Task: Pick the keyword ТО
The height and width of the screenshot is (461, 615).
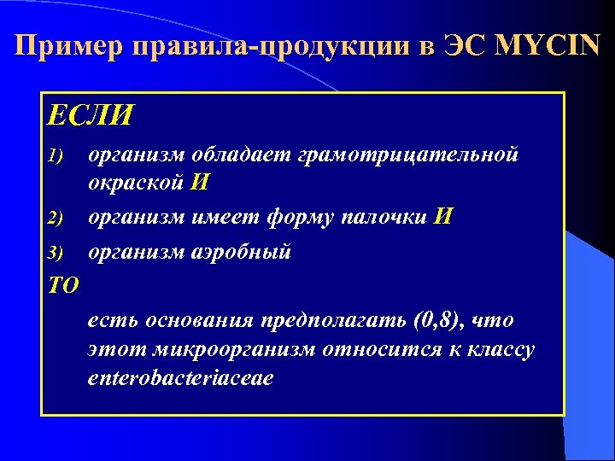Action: click(63, 285)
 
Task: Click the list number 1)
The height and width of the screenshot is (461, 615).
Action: click(56, 156)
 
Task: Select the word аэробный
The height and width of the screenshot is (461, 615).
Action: click(241, 253)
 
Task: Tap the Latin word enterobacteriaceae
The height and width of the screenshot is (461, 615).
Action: click(180, 377)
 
